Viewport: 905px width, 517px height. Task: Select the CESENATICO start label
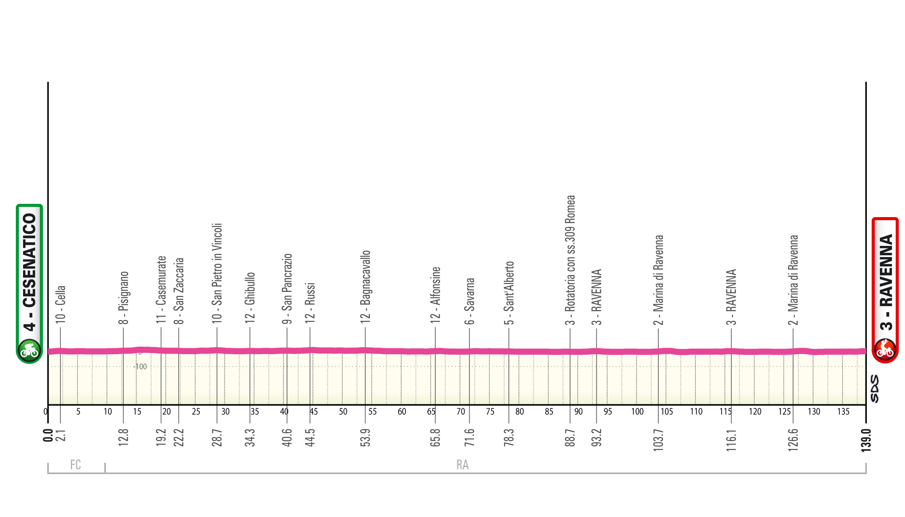tap(30, 272)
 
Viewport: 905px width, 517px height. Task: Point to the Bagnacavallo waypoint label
tap(365, 287)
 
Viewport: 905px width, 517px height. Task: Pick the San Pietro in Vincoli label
tap(217, 273)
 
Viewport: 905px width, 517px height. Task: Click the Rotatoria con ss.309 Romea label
tap(570, 260)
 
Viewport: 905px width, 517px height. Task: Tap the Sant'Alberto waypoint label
tap(509, 293)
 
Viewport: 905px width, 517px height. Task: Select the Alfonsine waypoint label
tap(435, 295)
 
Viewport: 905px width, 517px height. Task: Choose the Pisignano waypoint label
tap(123, 297)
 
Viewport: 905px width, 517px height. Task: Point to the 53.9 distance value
tap(365, 437)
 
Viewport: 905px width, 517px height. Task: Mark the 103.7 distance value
tap(658, 440)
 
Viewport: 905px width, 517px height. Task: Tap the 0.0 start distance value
tap(48, 435)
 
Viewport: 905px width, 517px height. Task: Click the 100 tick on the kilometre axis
tap(637, 412)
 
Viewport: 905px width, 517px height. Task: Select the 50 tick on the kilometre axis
tap(343, 412)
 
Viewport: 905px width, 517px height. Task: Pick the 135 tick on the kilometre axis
tap(843, 412)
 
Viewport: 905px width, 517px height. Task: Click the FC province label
tap(76, 465)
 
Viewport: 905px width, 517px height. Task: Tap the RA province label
tap(462, 465)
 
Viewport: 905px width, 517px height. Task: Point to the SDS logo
tap(875, 388)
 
